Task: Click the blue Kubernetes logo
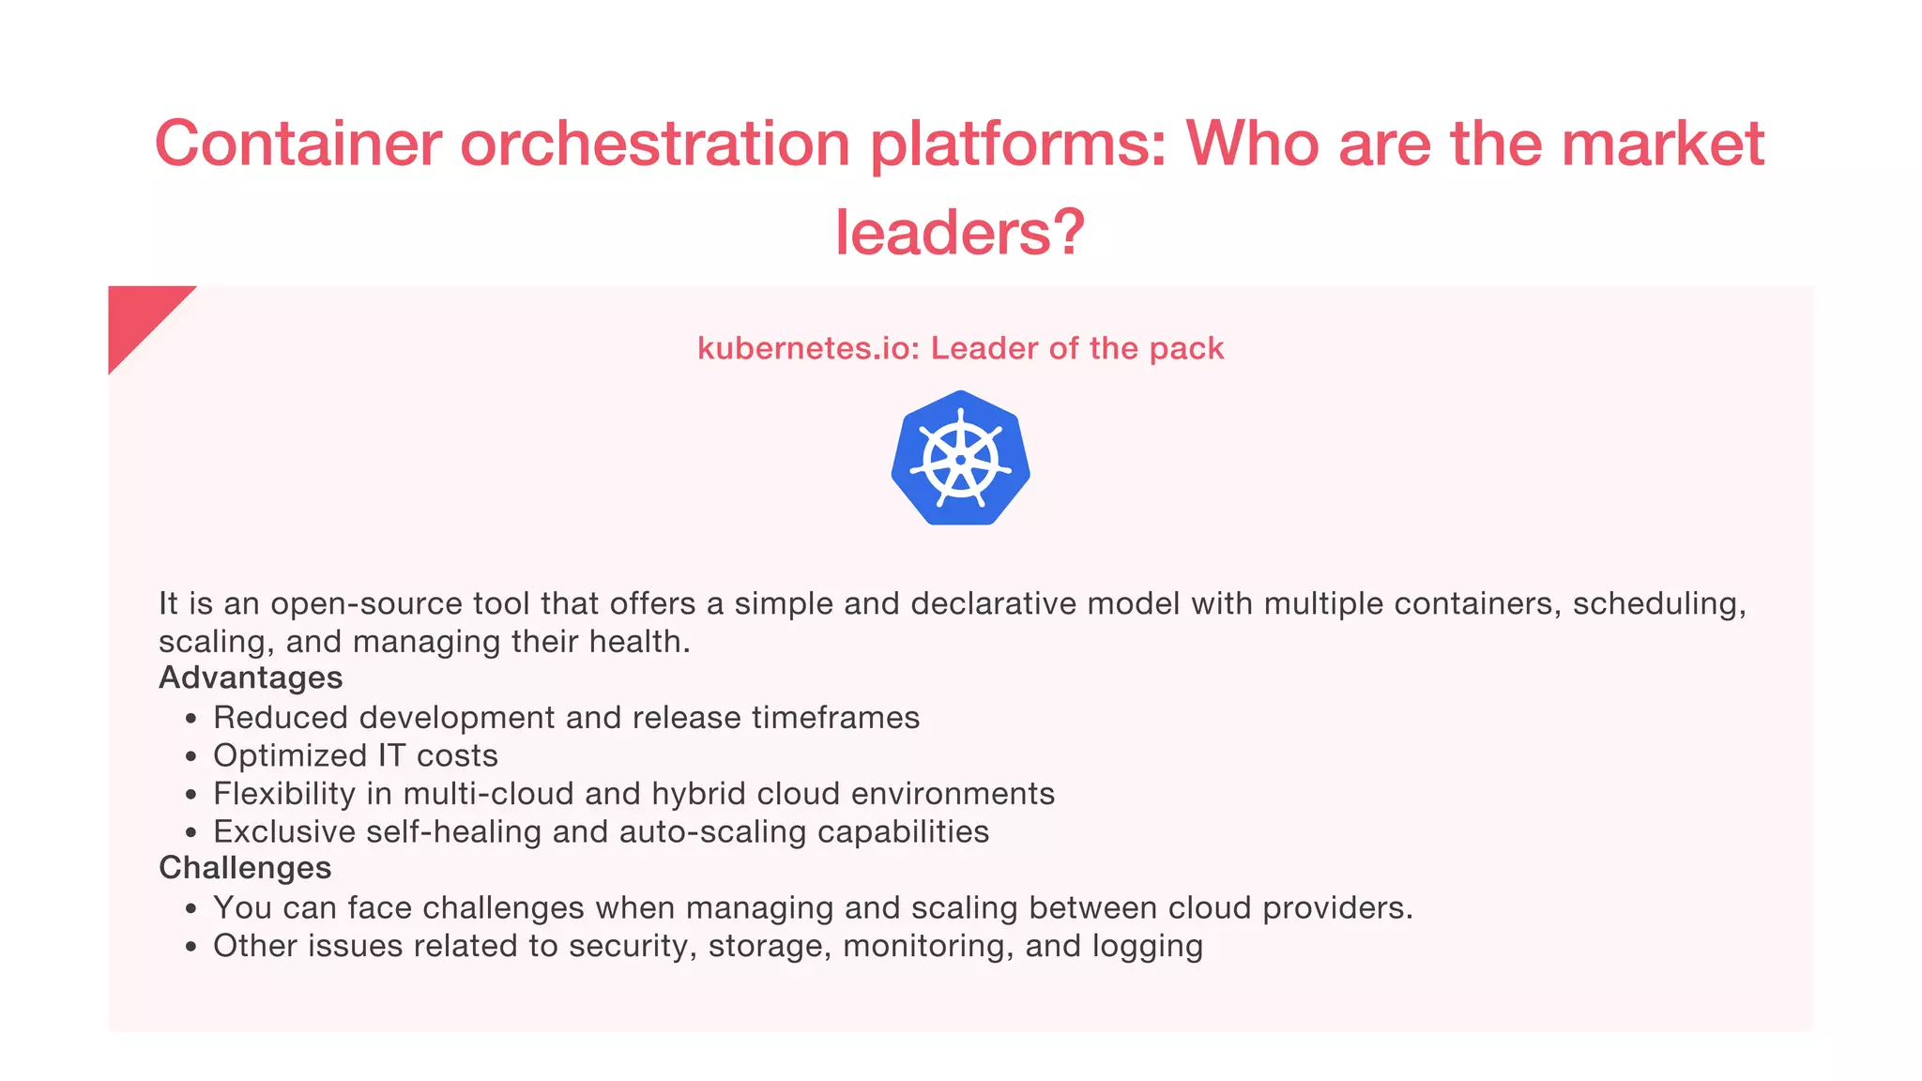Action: click(960, 459)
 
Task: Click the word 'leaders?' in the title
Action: click(960, 232)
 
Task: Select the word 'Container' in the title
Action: click(297, 144)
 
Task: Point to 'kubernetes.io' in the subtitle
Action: click(804, 348)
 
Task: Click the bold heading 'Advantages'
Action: click(251, 678)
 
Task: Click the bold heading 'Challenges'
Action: click(245, 867)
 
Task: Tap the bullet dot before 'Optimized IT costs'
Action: click(191, 757)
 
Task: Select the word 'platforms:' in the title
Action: click(1017, 144)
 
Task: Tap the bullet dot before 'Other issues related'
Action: click(191, 948)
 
